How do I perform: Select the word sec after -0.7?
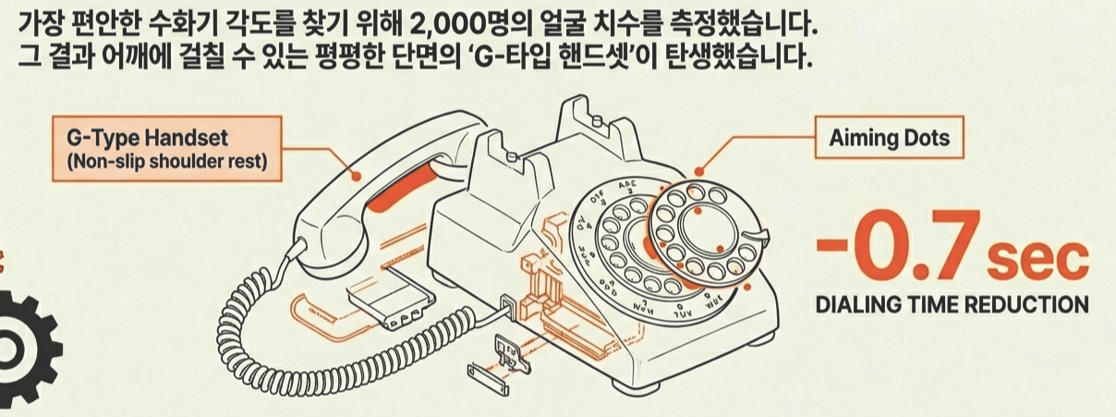pyautogui.click(x=1036, y=262)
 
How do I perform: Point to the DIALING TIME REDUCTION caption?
pyautogui.click(x=952, y=304)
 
